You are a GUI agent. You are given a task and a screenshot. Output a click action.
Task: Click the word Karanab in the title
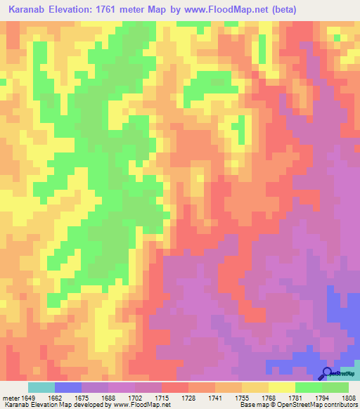[x=26, y=9]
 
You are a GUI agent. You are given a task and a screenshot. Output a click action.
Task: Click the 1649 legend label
[x=28, y=398]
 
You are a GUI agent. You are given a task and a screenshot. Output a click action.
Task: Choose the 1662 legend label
[x=55, y=398]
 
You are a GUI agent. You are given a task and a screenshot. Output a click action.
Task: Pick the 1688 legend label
[x=108, y=398]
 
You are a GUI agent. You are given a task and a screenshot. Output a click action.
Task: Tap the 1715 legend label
[x=162, y=398]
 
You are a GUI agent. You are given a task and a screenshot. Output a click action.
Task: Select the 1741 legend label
[x=215, y=398]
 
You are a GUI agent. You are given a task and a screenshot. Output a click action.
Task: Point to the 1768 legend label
[x=269, y=398]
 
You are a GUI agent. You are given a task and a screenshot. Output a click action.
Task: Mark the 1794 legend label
[x=321, y=398]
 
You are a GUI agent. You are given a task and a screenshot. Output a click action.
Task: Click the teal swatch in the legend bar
[x=41, y=387]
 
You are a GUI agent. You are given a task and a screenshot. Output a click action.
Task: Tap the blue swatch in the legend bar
[x=68, y=387]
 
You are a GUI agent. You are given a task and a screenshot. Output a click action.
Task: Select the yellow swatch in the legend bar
[x=282, y=387]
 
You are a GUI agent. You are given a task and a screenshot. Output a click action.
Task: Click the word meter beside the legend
[x=9, y=398]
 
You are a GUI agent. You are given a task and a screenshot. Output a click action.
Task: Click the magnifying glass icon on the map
[x=327, y=373]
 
